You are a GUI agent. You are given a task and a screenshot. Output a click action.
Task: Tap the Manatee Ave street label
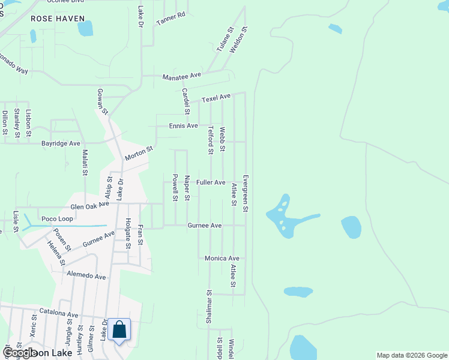[182, 77]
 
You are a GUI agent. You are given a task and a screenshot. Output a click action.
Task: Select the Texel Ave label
[216, 97]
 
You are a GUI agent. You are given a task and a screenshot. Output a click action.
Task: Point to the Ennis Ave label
[183, 126]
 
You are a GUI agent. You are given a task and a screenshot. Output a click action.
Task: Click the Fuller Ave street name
[211, 182]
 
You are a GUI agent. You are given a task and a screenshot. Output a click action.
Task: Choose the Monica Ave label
[221, 259]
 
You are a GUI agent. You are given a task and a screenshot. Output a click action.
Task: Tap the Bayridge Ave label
[61, 144]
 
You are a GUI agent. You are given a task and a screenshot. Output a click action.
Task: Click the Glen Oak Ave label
[90, 206]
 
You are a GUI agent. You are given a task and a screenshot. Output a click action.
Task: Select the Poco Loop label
[57, 219]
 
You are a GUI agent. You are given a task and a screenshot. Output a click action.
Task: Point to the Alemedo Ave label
[86, 277]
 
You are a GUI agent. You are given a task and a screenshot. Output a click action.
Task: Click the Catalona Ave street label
[59, 314]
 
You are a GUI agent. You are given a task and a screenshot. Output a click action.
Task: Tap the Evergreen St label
[246, 193]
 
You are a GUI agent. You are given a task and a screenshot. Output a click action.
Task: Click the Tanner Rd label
[171, 19]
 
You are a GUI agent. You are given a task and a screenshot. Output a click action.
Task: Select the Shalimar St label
[209, 307]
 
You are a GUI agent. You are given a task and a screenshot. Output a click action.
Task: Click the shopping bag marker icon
[119, 330]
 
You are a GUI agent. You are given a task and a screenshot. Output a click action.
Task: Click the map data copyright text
[411, 355]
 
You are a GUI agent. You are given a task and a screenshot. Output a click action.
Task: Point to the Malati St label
[85, 163]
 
